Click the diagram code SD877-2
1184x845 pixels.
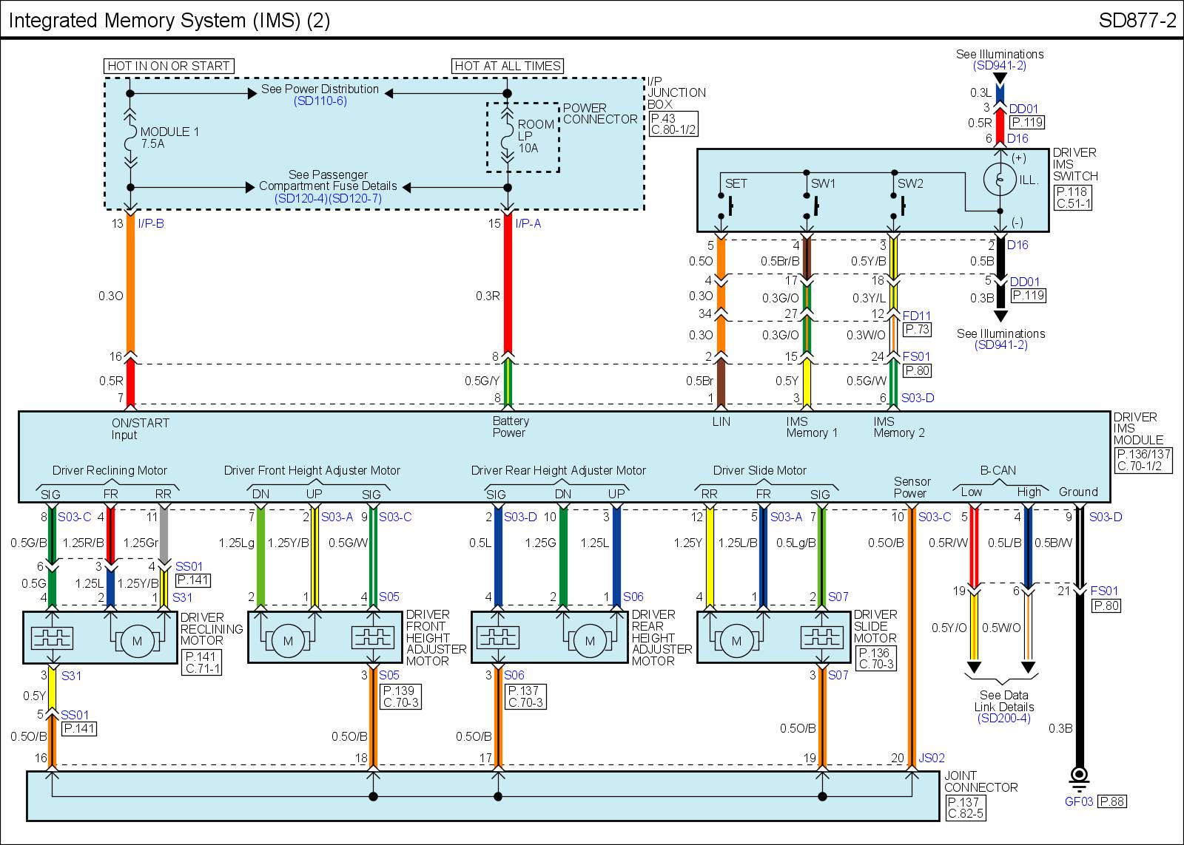click(x=1137, y=21)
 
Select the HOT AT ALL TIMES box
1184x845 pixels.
click(x=508, y=66)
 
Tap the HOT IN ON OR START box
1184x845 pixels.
click(x=169, y=66)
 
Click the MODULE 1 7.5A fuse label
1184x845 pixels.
click(x=169, y=138)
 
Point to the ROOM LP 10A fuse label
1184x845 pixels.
click(x=536, y=136)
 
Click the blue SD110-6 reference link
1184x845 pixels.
click(x=320, y=101)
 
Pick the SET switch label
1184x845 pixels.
click(x=736, y=183)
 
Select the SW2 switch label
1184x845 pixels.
click(x=910, y=183)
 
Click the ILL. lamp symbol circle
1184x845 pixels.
click(x=1000, y=179)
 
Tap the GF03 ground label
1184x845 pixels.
click(x=1078, y=801)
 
